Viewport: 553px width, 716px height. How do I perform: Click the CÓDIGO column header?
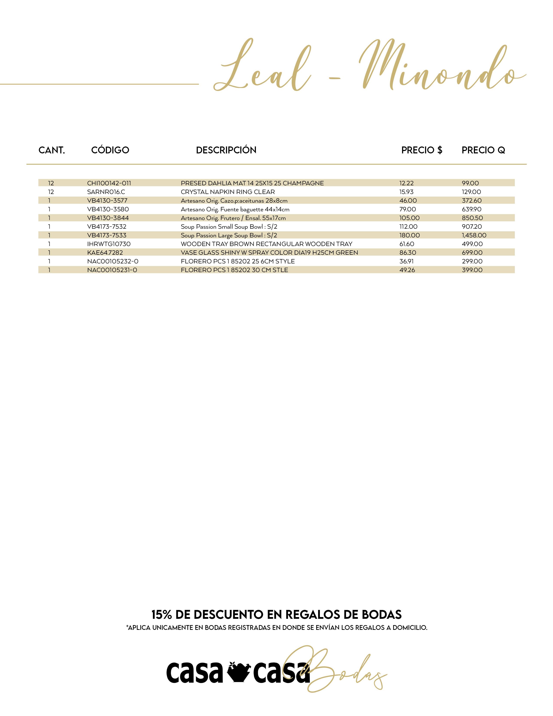(x=110, y=150)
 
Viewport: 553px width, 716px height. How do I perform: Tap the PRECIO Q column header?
(x=483, y=150)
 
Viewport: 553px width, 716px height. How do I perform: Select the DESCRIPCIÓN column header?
(x=226, y=150)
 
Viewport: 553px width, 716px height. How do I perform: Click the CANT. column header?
(x=52, y=150)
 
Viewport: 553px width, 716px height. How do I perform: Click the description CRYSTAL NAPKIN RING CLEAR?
(x=228, y=192)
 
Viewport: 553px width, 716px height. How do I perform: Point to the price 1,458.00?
(x=474, y=235)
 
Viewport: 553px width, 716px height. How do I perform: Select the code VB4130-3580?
(x=108, y=209)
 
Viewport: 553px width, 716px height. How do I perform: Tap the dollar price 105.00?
(x=409, y=218)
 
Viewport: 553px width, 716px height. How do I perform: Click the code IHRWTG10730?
(x=109, y=244)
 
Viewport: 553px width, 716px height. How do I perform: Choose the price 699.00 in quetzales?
(x=472, y=252)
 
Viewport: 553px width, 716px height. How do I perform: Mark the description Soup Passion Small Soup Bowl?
(x=229, y=227)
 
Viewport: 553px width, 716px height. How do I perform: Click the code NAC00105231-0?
(x=112, y=270)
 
